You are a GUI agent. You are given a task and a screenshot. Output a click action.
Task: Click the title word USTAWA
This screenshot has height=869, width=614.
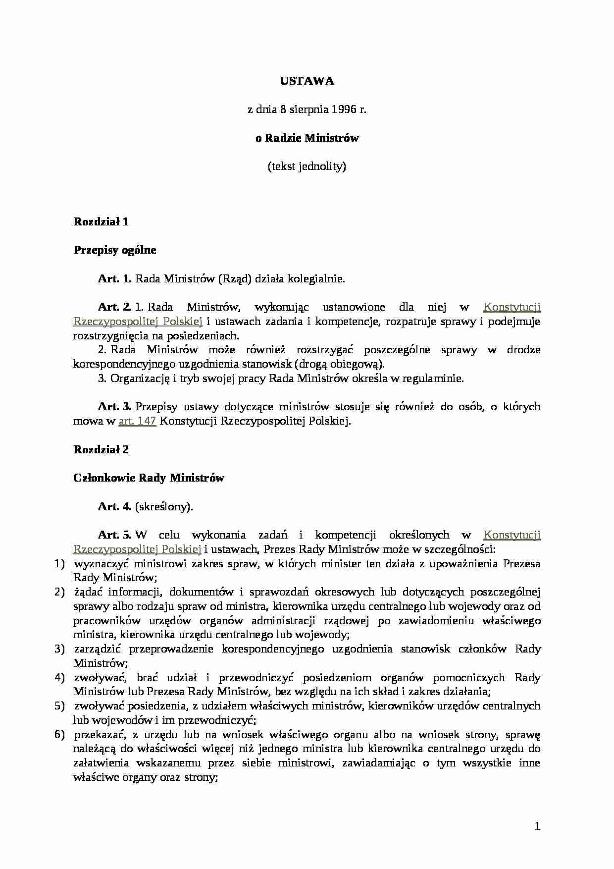click(x=307, y=81)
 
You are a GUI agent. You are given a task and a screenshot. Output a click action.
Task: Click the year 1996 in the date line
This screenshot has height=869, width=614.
click(x=344, y=109)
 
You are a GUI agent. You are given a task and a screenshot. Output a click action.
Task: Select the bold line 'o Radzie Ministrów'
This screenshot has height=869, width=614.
click(x=307, y=138)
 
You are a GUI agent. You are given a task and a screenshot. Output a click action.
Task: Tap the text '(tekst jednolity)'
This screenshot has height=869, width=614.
click(x=307, y=166)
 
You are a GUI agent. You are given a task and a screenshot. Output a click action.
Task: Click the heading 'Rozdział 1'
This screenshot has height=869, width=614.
click(x=101, y=221)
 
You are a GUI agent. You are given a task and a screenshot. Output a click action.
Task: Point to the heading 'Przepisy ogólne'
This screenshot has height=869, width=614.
click(x=115, y=250)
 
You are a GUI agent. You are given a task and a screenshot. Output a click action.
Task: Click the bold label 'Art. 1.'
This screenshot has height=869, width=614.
click(x=114, y=278)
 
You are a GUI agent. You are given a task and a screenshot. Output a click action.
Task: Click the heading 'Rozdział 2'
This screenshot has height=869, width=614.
click(x=101, y=449)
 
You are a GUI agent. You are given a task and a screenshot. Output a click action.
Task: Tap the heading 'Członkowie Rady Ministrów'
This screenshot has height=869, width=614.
click(x=149, y=478)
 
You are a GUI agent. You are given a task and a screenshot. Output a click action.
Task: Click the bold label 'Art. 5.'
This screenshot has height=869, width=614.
click(x=114, y=535)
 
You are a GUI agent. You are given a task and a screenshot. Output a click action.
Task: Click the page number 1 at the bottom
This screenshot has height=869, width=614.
click(x=537, y=826)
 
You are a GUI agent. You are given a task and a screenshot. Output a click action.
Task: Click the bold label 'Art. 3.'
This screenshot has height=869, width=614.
click(x=114, y=407)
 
